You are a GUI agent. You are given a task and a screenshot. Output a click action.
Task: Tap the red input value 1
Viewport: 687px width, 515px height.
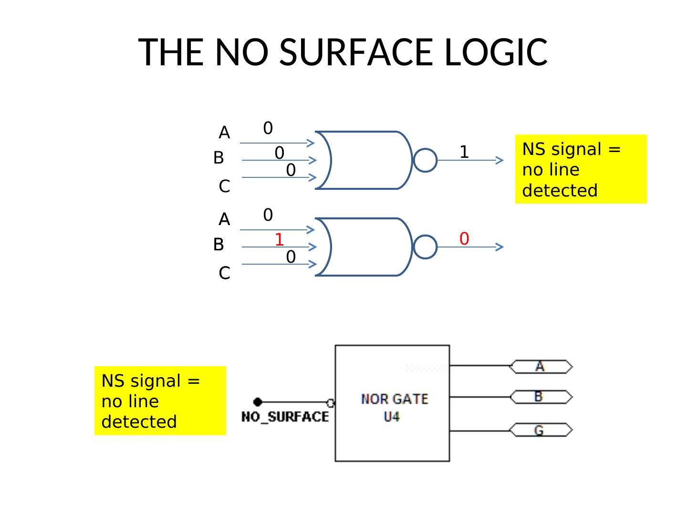click(279, 239)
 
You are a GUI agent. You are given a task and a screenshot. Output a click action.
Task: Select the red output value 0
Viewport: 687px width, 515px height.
click(464, 238)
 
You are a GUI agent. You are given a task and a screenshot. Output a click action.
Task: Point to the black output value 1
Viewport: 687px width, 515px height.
click(464, 152)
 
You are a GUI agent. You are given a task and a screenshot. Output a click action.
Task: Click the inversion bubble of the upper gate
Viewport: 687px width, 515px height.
click(425, 160)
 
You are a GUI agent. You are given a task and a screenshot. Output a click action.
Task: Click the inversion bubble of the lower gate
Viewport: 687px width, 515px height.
click(425, 247)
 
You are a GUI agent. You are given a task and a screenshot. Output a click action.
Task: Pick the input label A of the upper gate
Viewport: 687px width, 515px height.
click(224, 133)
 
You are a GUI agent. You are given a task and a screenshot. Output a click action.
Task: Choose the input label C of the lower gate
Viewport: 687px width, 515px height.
click(224, 273)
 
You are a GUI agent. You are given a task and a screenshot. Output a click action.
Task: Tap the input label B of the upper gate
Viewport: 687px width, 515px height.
click(219, 157)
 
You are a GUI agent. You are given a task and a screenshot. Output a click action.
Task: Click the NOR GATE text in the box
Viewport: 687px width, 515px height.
click(394, 399)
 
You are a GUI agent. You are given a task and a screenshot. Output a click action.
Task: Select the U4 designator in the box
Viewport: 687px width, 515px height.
click(392, 417)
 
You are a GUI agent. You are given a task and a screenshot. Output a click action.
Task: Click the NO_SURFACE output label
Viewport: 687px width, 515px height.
click(285, 417)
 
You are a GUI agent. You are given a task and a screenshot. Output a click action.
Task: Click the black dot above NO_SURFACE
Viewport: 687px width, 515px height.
click(258, 402)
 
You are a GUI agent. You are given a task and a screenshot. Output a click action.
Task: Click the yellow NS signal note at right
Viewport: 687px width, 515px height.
click(581, 169)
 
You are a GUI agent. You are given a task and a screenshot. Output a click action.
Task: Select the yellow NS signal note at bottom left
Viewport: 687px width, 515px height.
click(160, 401)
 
